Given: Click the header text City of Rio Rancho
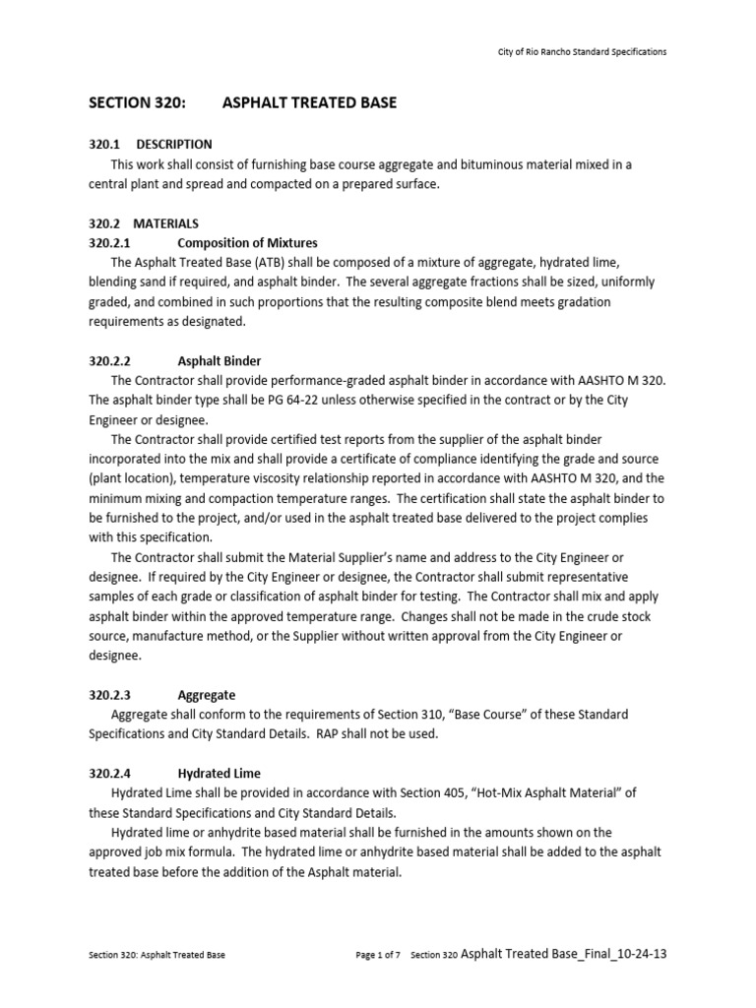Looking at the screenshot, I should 546,52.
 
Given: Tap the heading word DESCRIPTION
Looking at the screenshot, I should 174,144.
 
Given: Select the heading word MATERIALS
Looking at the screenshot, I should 166,223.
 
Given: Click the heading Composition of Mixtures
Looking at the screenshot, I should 247,242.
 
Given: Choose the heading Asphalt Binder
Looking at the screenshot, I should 219,361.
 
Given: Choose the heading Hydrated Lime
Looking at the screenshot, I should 219,774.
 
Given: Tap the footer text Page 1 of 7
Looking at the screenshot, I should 377,955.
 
